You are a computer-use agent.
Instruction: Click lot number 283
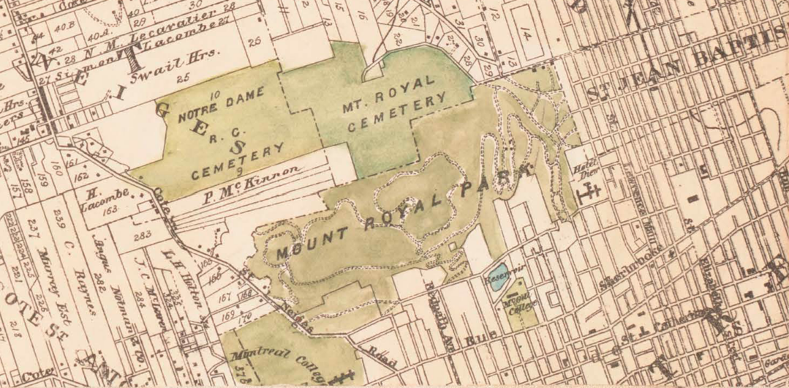143,235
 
